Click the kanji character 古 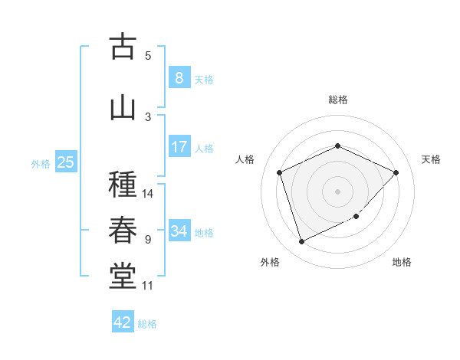click(x=123, y=47)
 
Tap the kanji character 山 click(x=123, y=107)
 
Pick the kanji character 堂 click(x=123, y=276)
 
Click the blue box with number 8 click(x=179, y=77)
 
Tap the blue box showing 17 click(x=179, y=146)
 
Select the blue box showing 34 click(x=179, y=231)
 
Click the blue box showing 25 click(x=65, y=162)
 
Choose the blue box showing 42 click(x=123, y=322)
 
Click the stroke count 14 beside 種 click(x=149, y=194)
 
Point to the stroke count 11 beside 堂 click(x=148, y=286)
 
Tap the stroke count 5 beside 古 click(x=148, y=56)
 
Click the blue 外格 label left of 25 click(x=41, y=163)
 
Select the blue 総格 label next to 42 click(x=147, y=324)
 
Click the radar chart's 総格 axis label click(x=337, y=100)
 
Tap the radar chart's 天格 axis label click(x=431, y=159)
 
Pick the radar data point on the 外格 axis click(x=301, y=242)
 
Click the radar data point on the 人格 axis click(x=280, y=172)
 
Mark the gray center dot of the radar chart click(x=337, y=191)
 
